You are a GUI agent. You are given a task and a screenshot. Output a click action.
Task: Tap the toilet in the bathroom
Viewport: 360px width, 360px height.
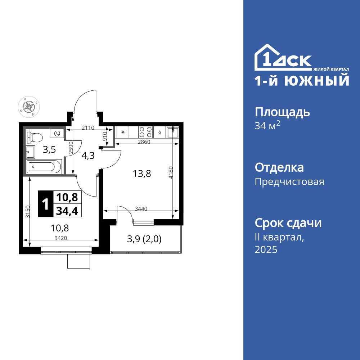[x=36, y=137]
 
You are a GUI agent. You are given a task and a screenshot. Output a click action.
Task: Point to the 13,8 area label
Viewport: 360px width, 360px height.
[x=141, y=174]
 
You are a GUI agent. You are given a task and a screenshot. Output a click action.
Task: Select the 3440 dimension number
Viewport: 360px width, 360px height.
[x=141, y=208]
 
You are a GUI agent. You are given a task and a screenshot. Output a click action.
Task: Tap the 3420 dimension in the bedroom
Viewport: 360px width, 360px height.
[x=61, y=238]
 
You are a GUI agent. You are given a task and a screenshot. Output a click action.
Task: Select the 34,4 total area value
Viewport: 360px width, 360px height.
[x=67, y=210]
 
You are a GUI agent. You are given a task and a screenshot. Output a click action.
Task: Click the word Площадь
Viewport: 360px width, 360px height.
[x=282, y=112]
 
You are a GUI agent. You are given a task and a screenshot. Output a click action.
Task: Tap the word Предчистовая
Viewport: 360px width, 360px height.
[x=289, y=182]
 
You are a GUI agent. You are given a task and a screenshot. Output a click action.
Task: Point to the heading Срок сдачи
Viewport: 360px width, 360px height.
[x=288, y=223]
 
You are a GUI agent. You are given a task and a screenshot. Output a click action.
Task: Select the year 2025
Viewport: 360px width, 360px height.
[x=266, y=250]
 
